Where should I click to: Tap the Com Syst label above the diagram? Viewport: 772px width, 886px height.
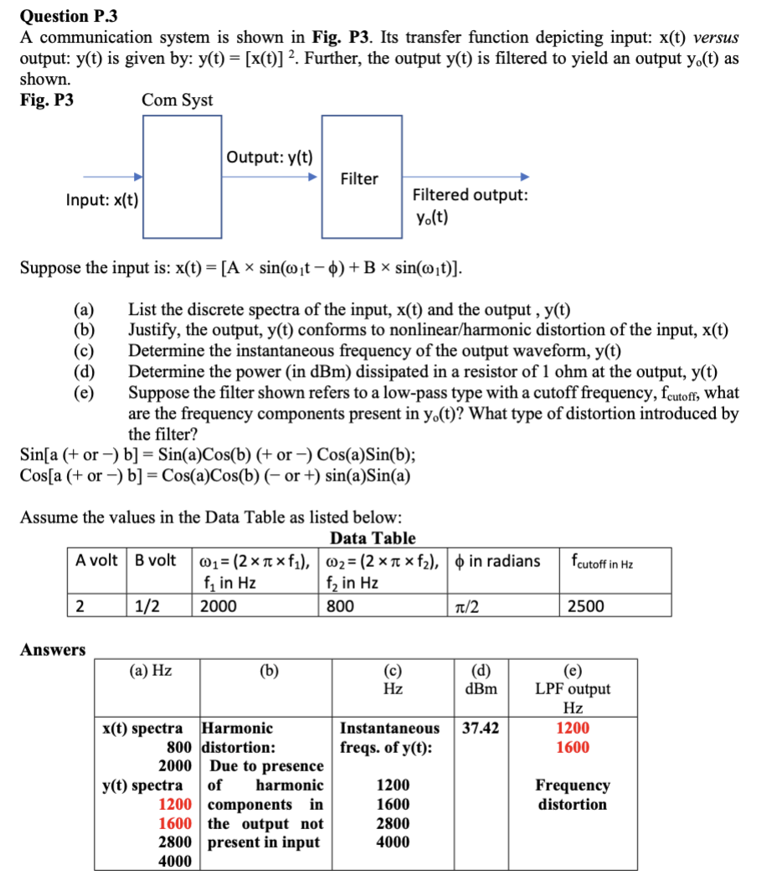click(x=177, y=100)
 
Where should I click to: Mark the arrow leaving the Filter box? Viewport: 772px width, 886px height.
click(x=466, y=177)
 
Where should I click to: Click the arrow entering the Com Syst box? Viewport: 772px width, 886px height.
click(x=112, y=177)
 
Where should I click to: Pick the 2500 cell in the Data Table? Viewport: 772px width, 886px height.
click(x=585, y=605)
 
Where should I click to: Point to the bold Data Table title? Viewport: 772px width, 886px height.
click(x=373, y=538)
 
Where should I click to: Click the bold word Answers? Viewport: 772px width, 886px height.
click(x=53, y=650)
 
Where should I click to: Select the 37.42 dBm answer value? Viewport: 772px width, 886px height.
click(x=481, y=728)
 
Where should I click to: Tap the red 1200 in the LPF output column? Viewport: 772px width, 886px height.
click(x=573, y=728)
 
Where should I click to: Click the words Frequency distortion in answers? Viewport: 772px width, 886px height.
click(x=573, y=795)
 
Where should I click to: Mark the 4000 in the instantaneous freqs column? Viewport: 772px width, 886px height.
click(x=394, y=842)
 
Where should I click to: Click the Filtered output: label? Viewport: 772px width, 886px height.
click(x=470, y=195)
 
